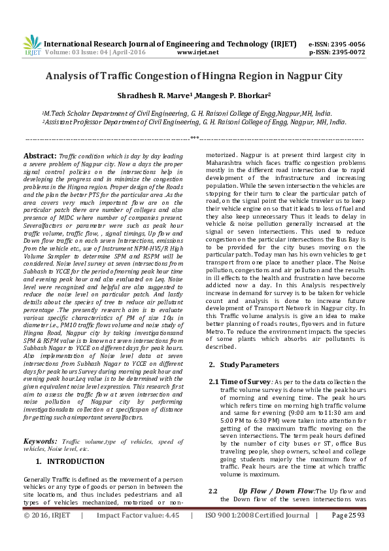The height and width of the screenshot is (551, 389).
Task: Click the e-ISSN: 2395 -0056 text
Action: pos(336,43)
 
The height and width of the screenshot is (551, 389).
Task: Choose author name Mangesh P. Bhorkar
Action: pos(233,95)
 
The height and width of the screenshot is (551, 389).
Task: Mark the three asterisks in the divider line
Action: pos(194,138)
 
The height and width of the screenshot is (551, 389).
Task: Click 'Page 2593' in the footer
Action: pos(348,534)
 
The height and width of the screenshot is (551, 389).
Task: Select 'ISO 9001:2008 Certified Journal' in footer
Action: pos(257,534)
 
